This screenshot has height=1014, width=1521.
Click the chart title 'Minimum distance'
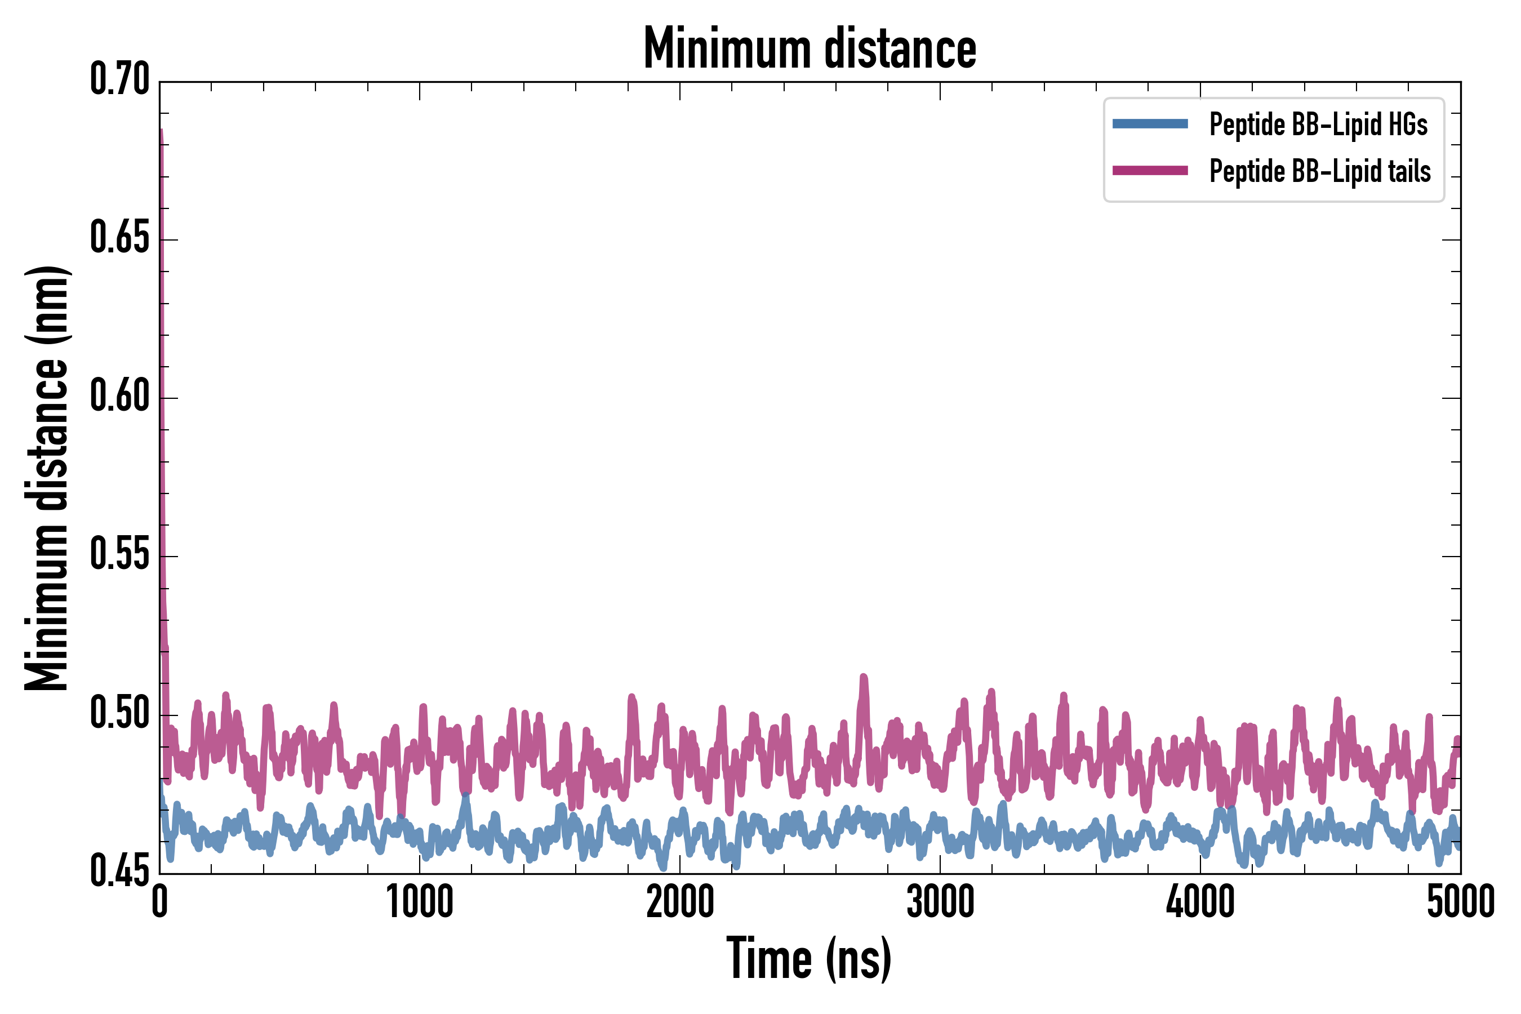[810, 48]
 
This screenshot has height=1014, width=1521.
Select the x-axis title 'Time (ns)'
[809, 958]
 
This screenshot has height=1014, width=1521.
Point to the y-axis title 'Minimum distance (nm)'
[47, 478]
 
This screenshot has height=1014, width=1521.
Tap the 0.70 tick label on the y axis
[119, 79]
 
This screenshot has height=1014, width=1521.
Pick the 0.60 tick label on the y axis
[119, 397]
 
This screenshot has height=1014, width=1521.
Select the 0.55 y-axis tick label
[119, 555]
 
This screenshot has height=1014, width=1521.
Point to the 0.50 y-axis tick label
[119, 713]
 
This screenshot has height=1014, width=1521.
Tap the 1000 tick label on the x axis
[420, 901]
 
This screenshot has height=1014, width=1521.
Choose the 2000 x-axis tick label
[680, 901]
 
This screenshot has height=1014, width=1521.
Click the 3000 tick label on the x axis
[940, 901]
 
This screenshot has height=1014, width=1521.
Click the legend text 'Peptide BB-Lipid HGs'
[1318, 124]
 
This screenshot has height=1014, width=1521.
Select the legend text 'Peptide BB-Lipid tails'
[1320, 171]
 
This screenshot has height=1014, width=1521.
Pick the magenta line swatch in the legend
[1150, 171]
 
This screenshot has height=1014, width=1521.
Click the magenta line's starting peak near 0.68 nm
[161, 132]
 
